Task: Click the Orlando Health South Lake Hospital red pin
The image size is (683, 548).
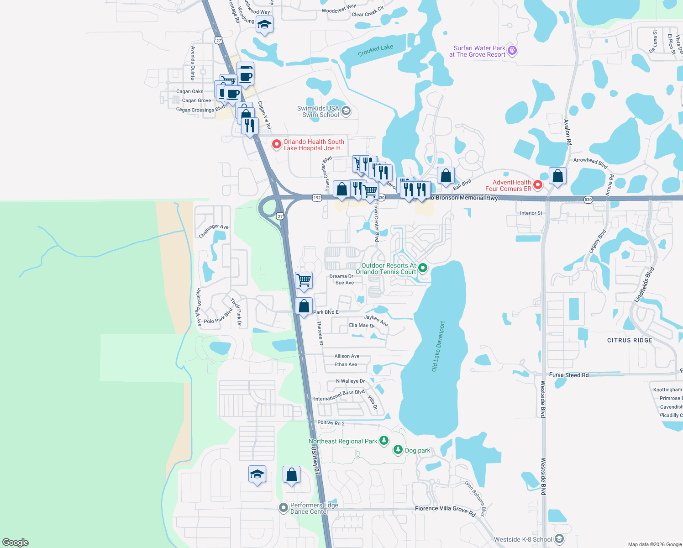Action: click(276, 144)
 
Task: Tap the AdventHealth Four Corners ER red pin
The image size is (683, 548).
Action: click(538, 185)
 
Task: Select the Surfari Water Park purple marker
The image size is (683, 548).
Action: click(512, 50)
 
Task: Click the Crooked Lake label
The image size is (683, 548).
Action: click(375, 50)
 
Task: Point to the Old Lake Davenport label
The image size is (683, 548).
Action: click(438, 346)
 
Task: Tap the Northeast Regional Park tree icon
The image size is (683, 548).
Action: click(384, 440)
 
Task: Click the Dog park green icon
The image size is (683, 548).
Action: click(398, 450)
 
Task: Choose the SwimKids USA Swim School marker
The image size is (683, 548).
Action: click(346, 111)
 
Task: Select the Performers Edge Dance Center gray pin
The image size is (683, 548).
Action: click(284, 507)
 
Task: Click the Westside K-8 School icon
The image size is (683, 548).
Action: click(559, 539)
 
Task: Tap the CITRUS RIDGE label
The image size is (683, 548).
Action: click(630, 340)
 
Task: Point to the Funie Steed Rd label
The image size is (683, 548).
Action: click(568, 375)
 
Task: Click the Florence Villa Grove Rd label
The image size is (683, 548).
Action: click(445, 511)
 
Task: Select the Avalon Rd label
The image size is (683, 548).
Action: click(567, 132)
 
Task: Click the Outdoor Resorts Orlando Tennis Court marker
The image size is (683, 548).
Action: click(423, 268)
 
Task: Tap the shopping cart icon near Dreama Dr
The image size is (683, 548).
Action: click(304, 280)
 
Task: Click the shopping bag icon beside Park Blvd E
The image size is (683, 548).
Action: click(304, 306)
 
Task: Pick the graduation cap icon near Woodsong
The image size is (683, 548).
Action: click(264, 24)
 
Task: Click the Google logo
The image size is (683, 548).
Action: click(16, 542)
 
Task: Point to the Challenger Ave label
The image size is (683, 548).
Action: click(214, 231)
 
